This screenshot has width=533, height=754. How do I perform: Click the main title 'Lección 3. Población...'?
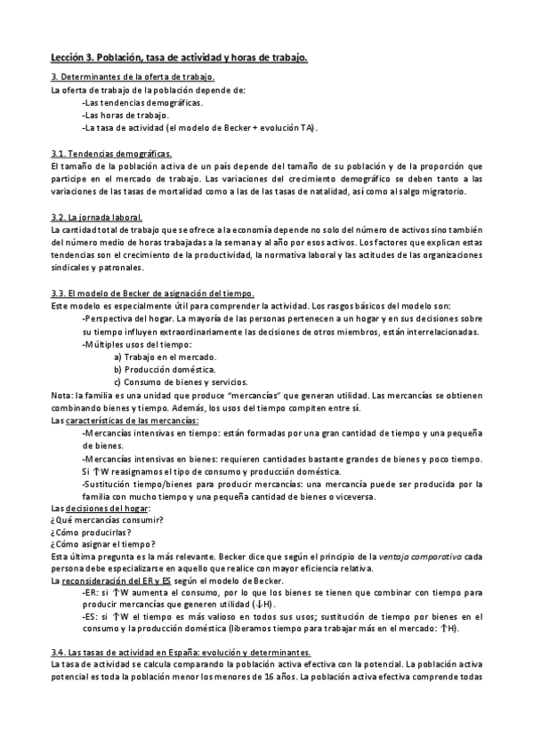[179, 58]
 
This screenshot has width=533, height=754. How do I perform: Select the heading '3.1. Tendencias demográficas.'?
[111, 154]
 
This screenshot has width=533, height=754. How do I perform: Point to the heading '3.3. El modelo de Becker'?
[152, 294]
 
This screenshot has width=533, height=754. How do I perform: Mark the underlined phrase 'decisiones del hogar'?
[111, 507]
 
